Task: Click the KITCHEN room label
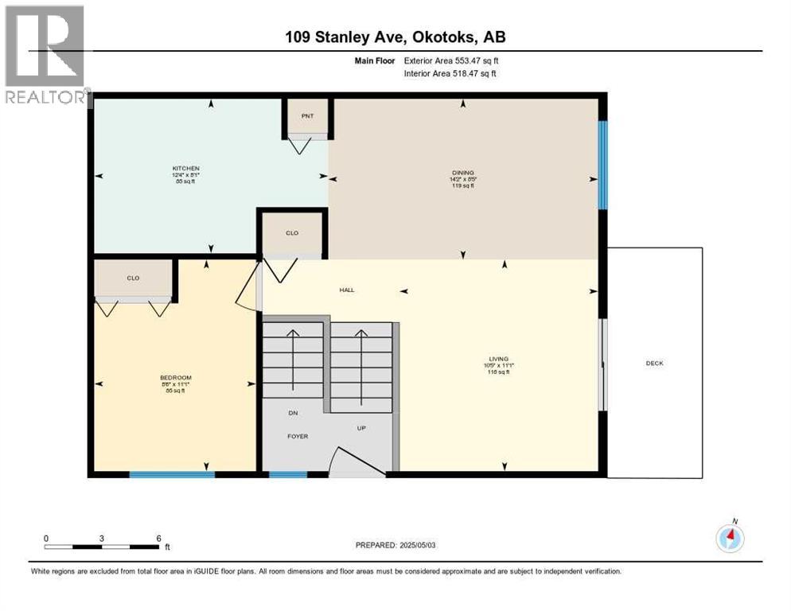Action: pyautogui.click(x=185, y=169)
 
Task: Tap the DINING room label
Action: pyautogui.click(x=462, y=173)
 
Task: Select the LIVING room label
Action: pyautogui.click(x=500, y=359)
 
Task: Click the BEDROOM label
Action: pyautogui.click(x=175, y=378)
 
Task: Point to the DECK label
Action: pyautogui.click(x=654, y=364)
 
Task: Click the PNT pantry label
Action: pyautogui.click(x=307, y=116)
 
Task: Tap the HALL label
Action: pyautogui.click(x=347, y=290)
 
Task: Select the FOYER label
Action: pyautogui.click(x=298, y=437)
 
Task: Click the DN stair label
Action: pyautogui.click(x=293, y=413)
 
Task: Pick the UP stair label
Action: pyautogui.click(x=360, y=428)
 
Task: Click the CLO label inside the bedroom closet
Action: pyautogui.click(x=133, y=278)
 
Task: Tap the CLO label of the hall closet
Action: pyautogui.click(x=292, y=233)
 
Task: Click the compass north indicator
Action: pyautogui.click(x=730, y=537)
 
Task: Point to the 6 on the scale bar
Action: pyautogui.click(x=158, y=538)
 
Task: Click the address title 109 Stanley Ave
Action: pyautogui.click(x=395, y=37)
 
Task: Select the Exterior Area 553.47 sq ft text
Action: pyautogui.click(x=451, y=60)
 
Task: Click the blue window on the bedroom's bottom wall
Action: pyautogui.click(x=172, y=475)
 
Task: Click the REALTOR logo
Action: pyautogui.click(x=45, y=56)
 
